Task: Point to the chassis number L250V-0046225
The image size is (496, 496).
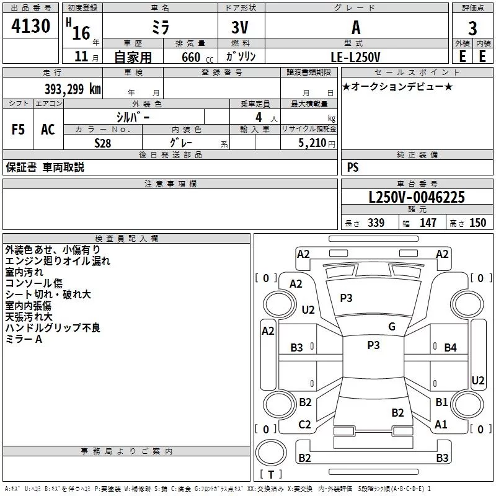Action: pos(417,197)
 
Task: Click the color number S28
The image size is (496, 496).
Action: pos(103,142)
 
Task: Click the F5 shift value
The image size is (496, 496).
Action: pos(19,130)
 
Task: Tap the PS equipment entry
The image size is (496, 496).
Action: pos(353,167)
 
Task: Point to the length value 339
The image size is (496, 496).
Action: pos(376,223)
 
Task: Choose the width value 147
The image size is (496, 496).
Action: pos(428,223)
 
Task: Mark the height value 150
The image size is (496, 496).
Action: pos(477,223)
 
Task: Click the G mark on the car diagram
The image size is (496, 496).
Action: pos(392,327)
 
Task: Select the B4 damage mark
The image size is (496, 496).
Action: pos(450,348)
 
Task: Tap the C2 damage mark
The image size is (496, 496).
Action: pos(304,425)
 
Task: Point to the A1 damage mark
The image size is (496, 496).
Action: pos(441,425)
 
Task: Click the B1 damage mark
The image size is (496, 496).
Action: pos(441,402)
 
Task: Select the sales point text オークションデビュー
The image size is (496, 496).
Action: pos(397,86)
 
